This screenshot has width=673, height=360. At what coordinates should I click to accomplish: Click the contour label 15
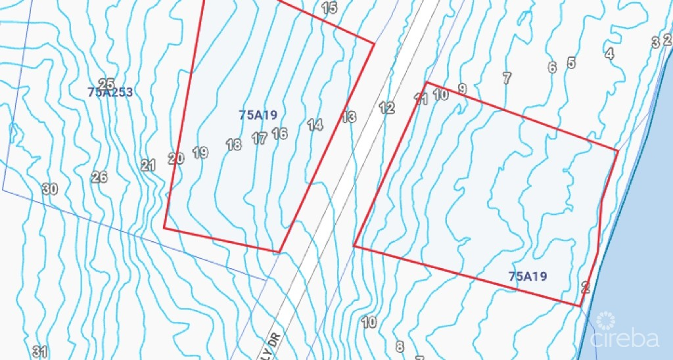coord(329,8)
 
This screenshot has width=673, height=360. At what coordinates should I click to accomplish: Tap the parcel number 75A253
coord(110,93)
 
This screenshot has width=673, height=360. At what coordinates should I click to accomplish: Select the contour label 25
coord(106,84)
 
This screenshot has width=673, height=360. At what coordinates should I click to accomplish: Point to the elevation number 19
coord(200,152)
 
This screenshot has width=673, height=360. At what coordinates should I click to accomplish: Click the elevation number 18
coord(233,145)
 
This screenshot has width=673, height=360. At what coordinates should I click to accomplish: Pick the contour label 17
coord(260,139)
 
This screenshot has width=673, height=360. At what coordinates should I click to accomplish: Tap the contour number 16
coord(279,133)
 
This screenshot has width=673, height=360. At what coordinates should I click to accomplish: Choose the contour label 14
coord(315,124)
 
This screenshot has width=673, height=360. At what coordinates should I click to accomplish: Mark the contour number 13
coord(348,117)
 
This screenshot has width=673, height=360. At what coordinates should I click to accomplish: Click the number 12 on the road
coord(386,107)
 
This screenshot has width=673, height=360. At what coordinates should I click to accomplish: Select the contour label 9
coord(462,89)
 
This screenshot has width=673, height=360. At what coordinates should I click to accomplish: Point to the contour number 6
coord(552,67)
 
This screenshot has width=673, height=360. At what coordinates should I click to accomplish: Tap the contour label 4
coord(609,54)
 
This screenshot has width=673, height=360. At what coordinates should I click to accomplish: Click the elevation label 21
coord(148,166)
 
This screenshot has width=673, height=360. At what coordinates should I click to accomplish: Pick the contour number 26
coord(99,177)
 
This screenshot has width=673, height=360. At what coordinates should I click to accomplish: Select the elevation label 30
coord(50,189)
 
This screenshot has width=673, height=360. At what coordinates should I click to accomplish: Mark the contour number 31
coord(40,351)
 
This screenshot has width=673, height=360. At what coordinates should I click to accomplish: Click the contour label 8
coord(400,346)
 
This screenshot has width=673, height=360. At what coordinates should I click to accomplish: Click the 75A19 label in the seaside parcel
coord(527,277)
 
